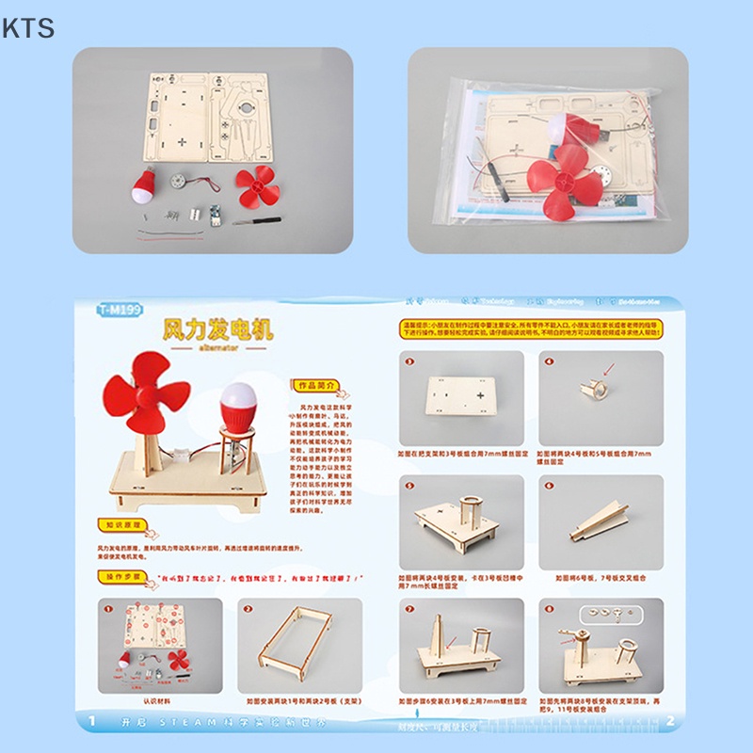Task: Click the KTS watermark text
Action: pos(27,28)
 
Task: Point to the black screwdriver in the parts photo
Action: pos(257,222)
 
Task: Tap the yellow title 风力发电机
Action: pos(217,329)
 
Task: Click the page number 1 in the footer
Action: pos(92,722)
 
